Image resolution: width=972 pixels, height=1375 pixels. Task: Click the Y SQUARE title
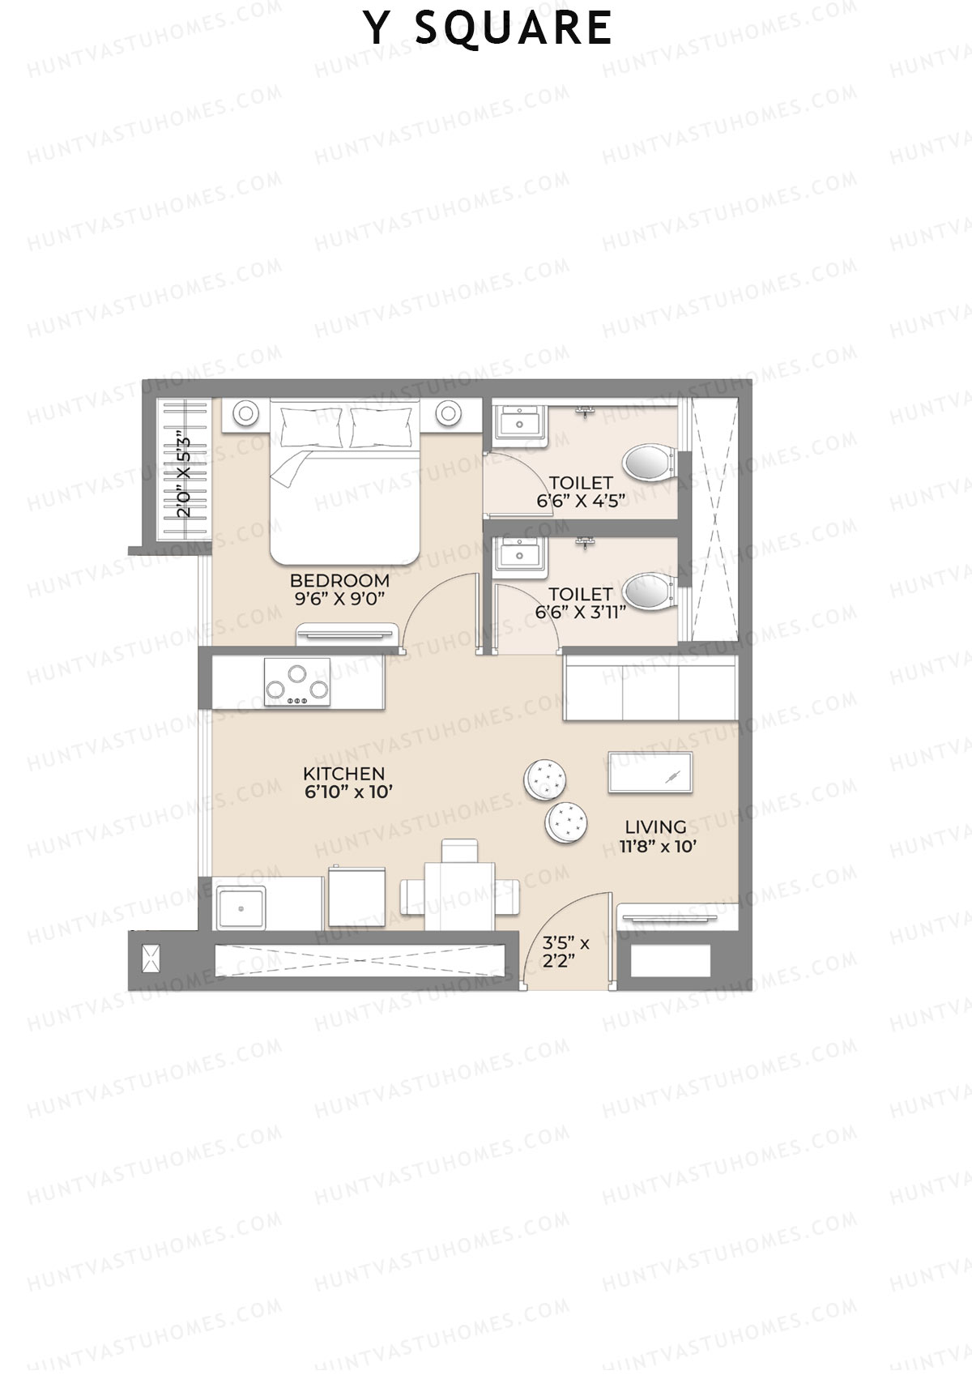point(487,28)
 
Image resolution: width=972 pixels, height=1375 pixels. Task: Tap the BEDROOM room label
point(339,581)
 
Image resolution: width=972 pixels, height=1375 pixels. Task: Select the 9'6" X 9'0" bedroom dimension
point(339,599)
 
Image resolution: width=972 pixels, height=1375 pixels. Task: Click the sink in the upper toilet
point(514,422)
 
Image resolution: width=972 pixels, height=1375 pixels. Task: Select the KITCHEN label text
point(343,774)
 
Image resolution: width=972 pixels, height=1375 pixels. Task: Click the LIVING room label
point(655,827)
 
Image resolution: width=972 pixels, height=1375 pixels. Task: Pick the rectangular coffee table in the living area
point(650,772)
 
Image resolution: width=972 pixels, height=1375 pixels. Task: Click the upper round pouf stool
point(545,779)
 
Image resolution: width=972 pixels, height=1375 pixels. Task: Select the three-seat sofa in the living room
point(650,688)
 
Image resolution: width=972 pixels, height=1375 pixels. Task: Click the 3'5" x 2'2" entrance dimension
point(565,952)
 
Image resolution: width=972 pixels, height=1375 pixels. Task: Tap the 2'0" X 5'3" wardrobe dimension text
point(185,477)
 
